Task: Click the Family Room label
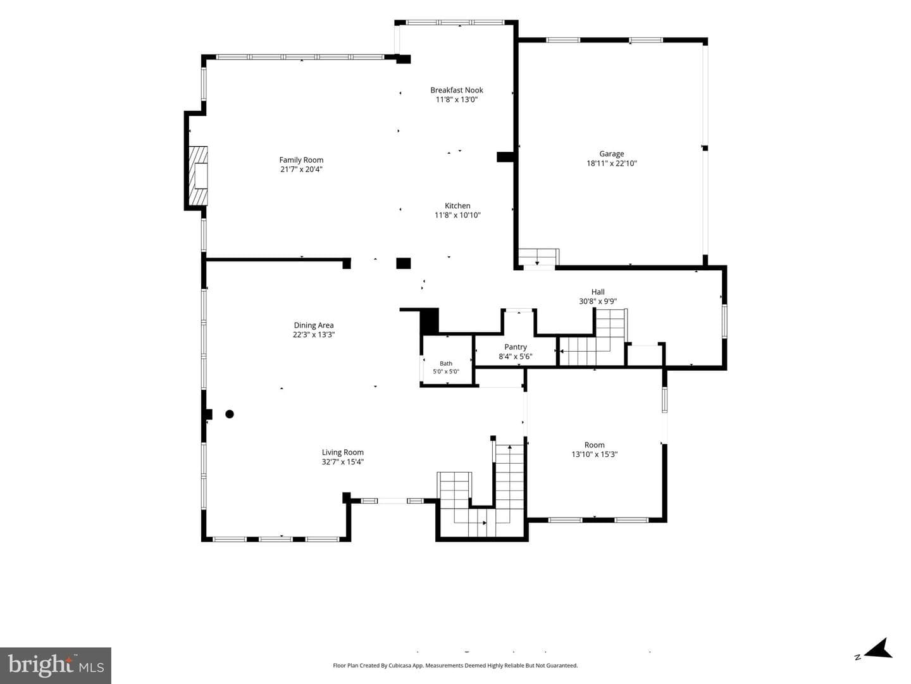(x=301, y=160)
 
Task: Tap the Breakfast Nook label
(x=457, y=90)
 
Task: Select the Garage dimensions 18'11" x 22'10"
(x=611, y=163)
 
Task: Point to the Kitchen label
(x=457, y=206)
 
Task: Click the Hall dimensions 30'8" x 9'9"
(x=598, y=301)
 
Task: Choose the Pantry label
(x=516, y=347)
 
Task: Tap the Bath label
(x=446, y=364)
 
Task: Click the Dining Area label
(x=313, y=325)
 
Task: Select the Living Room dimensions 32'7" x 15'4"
(x=342, y=461)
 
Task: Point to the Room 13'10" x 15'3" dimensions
(x=594, y=454)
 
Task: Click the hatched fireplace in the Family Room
(x=198, y=175)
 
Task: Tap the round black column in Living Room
(x=230, y=414)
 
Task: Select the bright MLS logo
(x=56, y=665)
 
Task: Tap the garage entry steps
(x=538, y=258)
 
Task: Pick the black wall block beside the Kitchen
(x=505, y=157)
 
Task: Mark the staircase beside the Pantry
(x=592, y=337)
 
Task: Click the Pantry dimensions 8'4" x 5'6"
(x=515, y=356)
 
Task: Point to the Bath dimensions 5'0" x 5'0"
(x=446, y=371)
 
